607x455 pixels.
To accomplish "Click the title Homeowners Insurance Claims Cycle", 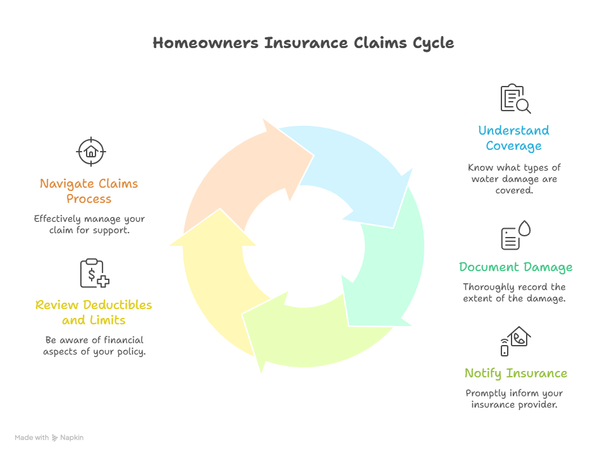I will pyautogui.click(x=303, y=43).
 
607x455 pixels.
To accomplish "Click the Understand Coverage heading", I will pyautogui.click(x=513, y=138).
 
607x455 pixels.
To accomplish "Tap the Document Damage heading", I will pyautogui.click(x=515, y=267).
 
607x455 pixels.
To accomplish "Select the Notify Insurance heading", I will pyautogui.click(x=515, y=373).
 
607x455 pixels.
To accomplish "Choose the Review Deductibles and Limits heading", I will pyautogui.click(x=94, y=312).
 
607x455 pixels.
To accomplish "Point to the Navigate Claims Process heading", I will pyautogui.click(x=89, y=191).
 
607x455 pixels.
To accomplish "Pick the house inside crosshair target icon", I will pyautogui.click(x=91, y=151).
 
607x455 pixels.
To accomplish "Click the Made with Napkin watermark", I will pyautogui.click(x=49, y=437).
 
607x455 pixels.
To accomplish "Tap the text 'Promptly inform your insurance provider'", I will pyautogui.click(x=514, y=398).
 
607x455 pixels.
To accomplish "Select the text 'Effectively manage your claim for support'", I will pyautogui.click(x=89, y=224).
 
